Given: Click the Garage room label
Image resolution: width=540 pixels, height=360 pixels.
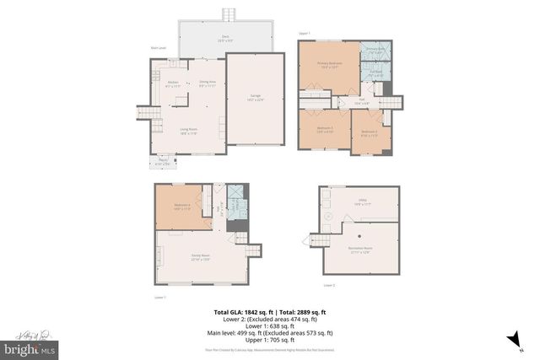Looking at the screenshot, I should (x=256, y=98).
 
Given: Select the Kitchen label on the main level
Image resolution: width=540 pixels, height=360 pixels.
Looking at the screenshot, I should (x=173, y=83).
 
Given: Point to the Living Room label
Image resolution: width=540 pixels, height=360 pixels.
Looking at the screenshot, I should (x=188, y=131).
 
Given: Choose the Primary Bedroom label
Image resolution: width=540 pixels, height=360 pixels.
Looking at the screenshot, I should (x=328, y=65).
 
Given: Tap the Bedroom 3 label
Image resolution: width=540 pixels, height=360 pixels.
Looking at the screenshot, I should (x=325, y=129).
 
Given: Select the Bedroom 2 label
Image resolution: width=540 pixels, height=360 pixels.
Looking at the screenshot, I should (x=369, y=132).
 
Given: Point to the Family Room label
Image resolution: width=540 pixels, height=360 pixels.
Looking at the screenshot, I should (x=200, y=259).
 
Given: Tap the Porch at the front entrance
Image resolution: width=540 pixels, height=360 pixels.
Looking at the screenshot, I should (x=161, y=163).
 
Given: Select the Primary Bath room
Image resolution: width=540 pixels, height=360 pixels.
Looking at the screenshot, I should (x=375, y=52).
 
